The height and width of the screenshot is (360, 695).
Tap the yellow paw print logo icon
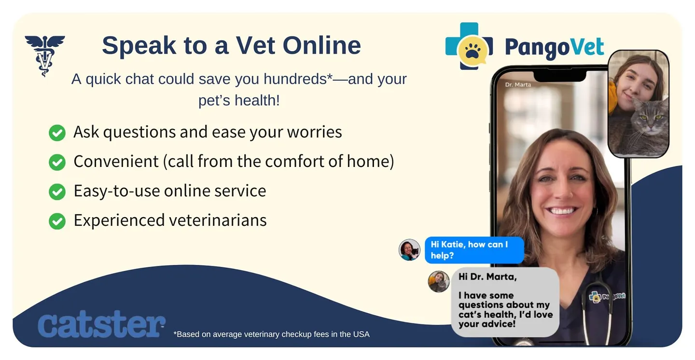click(472, 51)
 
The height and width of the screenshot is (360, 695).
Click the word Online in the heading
click(322, 45)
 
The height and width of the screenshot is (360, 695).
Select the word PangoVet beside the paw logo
click(555, 47)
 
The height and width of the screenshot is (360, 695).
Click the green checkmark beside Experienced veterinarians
click(57, 222)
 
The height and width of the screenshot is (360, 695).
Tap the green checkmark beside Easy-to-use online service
click(57, 192)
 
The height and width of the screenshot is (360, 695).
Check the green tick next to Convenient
click(57, 162)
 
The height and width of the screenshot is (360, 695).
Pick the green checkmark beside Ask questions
click(57, 133)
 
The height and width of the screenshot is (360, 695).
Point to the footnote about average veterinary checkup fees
click(271, 334)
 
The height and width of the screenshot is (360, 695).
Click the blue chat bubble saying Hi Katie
click(474, 250)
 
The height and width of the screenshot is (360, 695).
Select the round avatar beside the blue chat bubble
click(410, 249)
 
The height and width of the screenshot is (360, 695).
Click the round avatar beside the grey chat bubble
click(439, 281)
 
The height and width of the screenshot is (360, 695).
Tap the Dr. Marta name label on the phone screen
click(518, 85)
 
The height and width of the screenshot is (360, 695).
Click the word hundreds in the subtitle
click(295, 79)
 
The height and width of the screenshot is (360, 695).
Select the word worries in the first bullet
click(314, 132)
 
